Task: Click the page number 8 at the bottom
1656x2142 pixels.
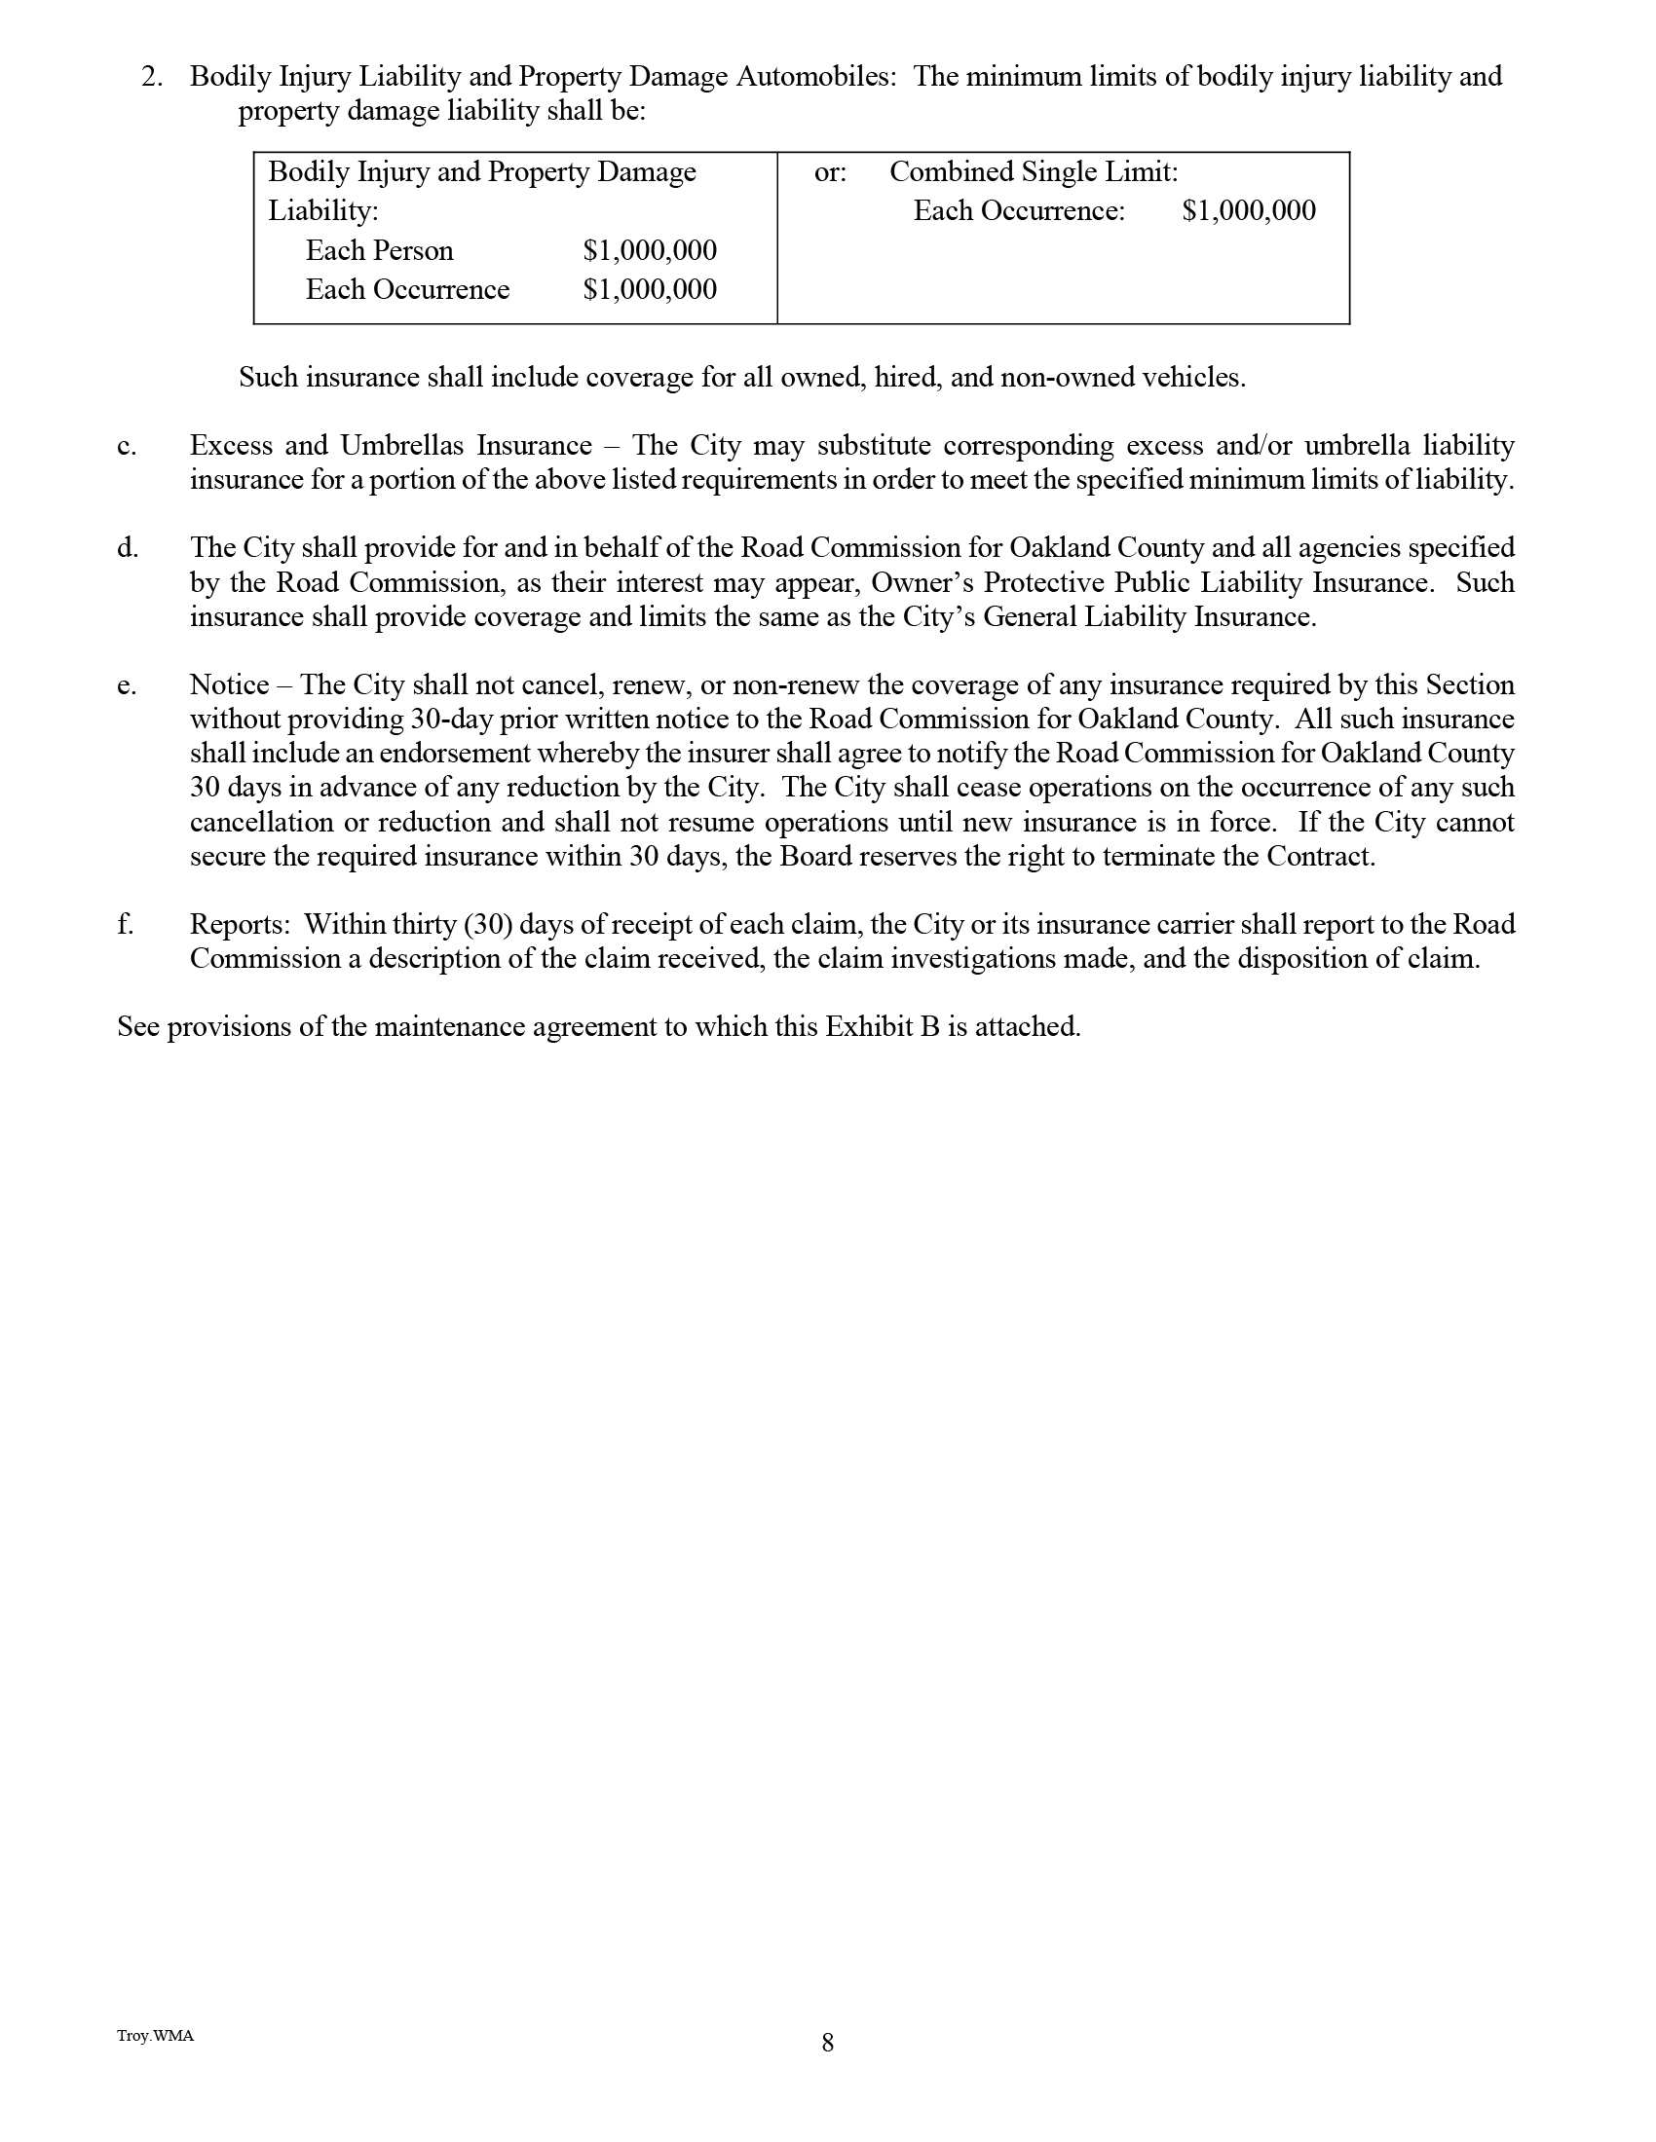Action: point(827,2043)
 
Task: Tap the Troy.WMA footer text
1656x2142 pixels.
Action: point(155,2035)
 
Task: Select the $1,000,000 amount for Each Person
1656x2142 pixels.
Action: point(650,250)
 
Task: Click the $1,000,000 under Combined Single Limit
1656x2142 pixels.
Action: point(1248,211)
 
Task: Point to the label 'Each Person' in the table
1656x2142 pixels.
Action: point(379,250)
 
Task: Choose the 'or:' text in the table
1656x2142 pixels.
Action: point(830,172)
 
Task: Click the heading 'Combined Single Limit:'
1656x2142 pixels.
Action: point(1033,171)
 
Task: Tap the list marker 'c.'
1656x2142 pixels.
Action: point(127,446)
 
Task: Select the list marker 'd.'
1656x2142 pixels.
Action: point(128,548)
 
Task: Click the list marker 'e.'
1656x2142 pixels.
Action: point(127,685)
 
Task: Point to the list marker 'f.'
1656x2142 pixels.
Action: point(126,924)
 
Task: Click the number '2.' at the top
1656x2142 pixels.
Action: point(152,77)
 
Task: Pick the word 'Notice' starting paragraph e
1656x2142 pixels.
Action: point(229,684)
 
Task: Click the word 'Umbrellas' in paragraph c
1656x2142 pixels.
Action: point(400,445)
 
